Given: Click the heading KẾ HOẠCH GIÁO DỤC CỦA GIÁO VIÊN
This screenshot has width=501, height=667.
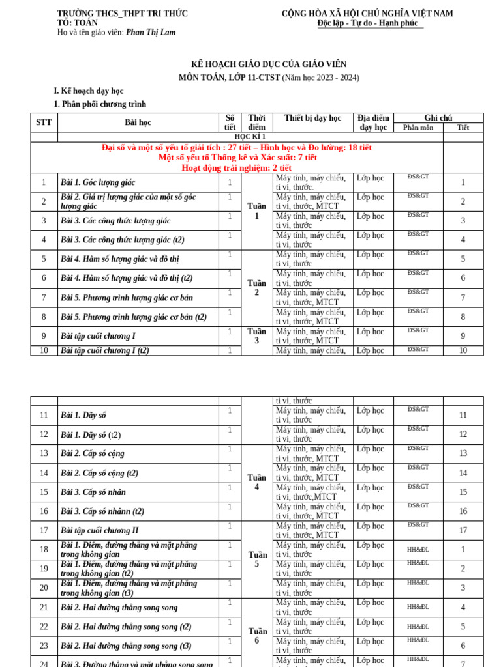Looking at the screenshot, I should (x=269, y=64).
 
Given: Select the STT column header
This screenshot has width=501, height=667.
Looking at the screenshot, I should (x=44, y=122).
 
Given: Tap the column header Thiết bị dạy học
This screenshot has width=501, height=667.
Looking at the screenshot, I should (x=312, y=119).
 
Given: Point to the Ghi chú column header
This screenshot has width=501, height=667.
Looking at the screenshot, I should (x=438, y=118).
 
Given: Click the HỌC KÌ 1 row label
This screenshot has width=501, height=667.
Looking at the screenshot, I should (x=250, y=137).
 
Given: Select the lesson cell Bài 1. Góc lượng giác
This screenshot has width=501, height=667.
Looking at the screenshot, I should (x=98, y=183).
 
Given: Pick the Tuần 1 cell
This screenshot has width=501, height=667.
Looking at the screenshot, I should (x=256, y=211).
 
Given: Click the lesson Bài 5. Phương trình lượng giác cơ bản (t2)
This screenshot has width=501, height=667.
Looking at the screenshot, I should (x=134, y=317).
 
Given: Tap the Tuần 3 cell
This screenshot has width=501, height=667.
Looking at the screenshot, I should (x=256, y=336).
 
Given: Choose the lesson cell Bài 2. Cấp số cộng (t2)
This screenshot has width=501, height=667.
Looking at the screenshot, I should (x=99, y=474).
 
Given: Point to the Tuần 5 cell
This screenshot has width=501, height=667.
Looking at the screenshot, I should (x=256, y=560).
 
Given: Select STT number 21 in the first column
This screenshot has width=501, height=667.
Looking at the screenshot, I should (x=44, y=608).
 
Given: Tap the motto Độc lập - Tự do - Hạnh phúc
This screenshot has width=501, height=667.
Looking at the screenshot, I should (x=370, y=23).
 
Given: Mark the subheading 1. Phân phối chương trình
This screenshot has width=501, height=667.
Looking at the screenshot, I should (x=100, y=104).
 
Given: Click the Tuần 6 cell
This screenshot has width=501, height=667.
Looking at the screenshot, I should (x=256, y=636).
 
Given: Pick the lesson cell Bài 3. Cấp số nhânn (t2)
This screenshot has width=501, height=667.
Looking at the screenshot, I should (x=102, y=512).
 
